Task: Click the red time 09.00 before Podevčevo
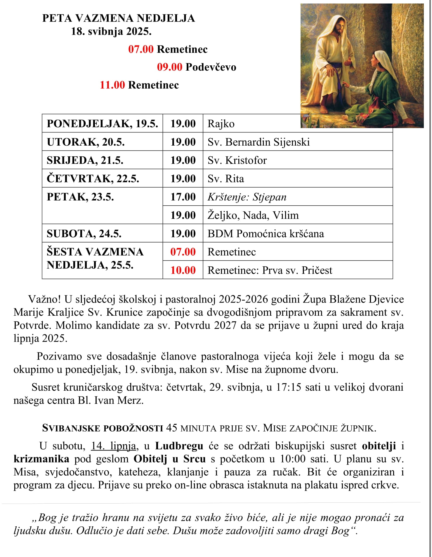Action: click(x=169, y=67)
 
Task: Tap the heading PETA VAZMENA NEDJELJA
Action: click(x=118, y=18)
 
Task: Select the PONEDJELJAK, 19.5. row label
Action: click(x=102, y=124)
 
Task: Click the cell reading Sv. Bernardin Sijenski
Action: click(x=258, y=142)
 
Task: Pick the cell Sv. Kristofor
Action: click(x=237, y=160)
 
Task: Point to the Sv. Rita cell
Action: click(x=226, y=179)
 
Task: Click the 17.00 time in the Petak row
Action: click(x=183, y=197)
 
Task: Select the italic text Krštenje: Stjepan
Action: click(x=247, y=197)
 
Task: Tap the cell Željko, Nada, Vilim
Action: click(x=253, y=215)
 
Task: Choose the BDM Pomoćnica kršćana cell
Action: click(x=266, y=234)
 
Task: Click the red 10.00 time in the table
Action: click(x=183, y=270)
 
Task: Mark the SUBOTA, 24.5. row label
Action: click(x=84, y=234)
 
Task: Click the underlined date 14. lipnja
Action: click(x=113, y=446)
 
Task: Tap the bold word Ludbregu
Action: click(x=179, y=446)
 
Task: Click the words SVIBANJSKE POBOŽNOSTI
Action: click(x=102, y=428)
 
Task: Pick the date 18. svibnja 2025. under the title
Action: click(x=111, y=32)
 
